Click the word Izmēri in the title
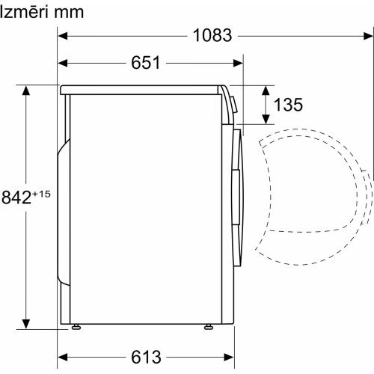tap(23, 12)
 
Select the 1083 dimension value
tap(212, 35)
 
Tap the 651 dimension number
tap(146, 63)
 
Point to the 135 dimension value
tap(288, 104)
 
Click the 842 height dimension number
tap(16, 197)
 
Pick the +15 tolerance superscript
tap(41, 194)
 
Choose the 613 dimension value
tap(146, 357)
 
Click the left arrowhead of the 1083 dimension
tap(63, 36)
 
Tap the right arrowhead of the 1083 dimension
tap(368, 36)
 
